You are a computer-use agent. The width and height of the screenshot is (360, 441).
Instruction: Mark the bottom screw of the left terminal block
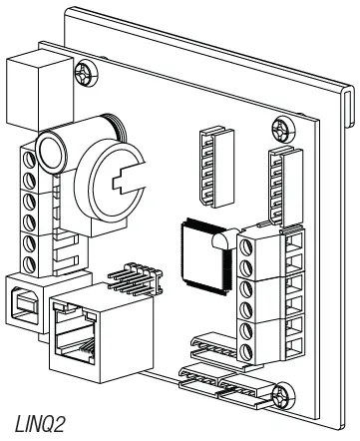[31, 261]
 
